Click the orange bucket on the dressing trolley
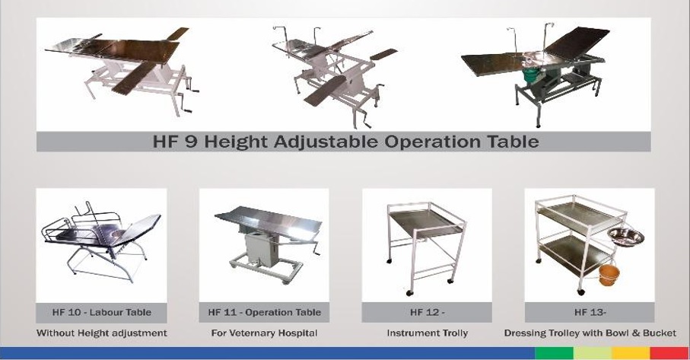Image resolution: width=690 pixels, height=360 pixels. pyautogui.click(x=609, y=275)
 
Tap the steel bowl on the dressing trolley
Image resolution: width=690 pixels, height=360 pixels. pyautogui.click(x=626, y=237)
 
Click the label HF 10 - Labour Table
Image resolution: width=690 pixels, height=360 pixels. pyautogui.click(x=102, y=313)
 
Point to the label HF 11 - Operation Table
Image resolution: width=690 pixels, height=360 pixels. pyautogui.click(x=265, y=313)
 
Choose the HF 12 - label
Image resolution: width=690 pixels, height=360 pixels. pyautogui.click(x=428, y=313)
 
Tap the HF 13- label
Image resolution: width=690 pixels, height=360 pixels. pyautogui.click(x=590, y=313)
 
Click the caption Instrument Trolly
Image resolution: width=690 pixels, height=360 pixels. pyautogui.click(x=428, y=333)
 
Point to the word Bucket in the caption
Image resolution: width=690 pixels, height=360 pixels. pyautogui.click(x=660, y=333)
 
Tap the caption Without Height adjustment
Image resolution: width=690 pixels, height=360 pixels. pyautogui.click(x=102, y=333)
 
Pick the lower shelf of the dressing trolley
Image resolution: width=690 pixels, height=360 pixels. pyautogui.click(x=576, y=255)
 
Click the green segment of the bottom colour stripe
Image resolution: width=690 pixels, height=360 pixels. pyautogui.click(x=554, y=353)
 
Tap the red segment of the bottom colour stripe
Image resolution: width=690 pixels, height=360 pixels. pyautogui.click(x=669, y=353)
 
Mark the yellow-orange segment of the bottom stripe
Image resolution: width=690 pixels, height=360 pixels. pyautogui.click(x=631, y=353)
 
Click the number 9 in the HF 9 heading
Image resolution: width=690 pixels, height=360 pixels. pyautogui.click(x=191, y=142)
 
